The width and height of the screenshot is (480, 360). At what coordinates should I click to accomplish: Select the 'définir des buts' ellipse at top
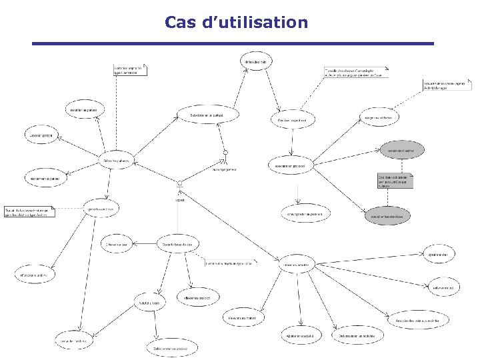(256, 62)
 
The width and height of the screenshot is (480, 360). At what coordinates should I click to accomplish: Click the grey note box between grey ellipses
(395, 181)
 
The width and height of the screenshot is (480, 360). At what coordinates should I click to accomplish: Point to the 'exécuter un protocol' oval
(291, 165)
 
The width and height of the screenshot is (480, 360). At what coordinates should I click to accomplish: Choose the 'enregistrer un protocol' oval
(305, 213)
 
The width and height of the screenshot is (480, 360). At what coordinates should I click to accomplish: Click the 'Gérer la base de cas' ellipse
(178, 245)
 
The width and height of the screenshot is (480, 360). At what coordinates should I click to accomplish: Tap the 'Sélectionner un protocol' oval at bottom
(171, 348)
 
